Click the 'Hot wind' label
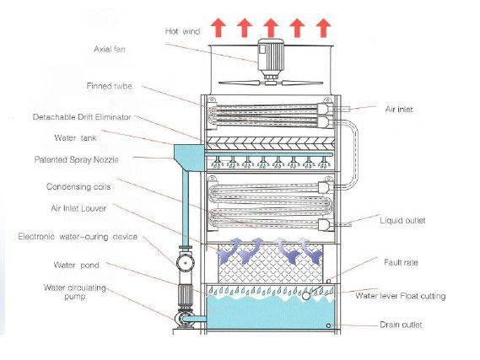tap(182, 31)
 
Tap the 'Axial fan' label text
tap(110, 49)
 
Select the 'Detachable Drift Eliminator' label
tap(82, 117)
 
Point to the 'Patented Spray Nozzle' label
tap(76, 159)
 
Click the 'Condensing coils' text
tap(78, 186)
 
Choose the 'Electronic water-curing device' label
tap(78, 236)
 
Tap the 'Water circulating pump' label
tap(75, 292)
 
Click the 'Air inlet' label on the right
tap(399, 110)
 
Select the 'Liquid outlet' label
tap(402, 221)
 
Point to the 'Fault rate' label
tap(401, 262)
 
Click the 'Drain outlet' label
tap(401, 325)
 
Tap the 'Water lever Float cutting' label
tap(401, 296)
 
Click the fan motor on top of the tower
tap(270, 59)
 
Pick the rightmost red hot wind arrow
tap(323, 28)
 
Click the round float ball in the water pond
tap(305, 296)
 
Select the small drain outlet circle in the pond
tap(328, 325)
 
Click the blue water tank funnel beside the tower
tap(188, 157)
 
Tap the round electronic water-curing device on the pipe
tap(186, 262)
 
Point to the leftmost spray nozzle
tap(217, 162)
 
